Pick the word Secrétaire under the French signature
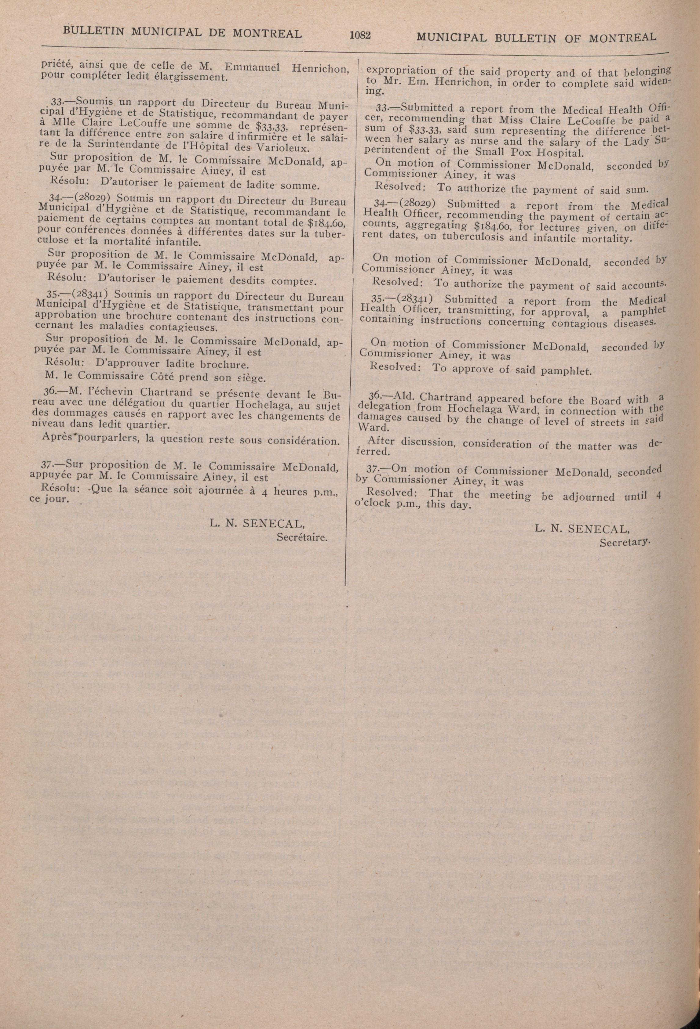tap(302, 538)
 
